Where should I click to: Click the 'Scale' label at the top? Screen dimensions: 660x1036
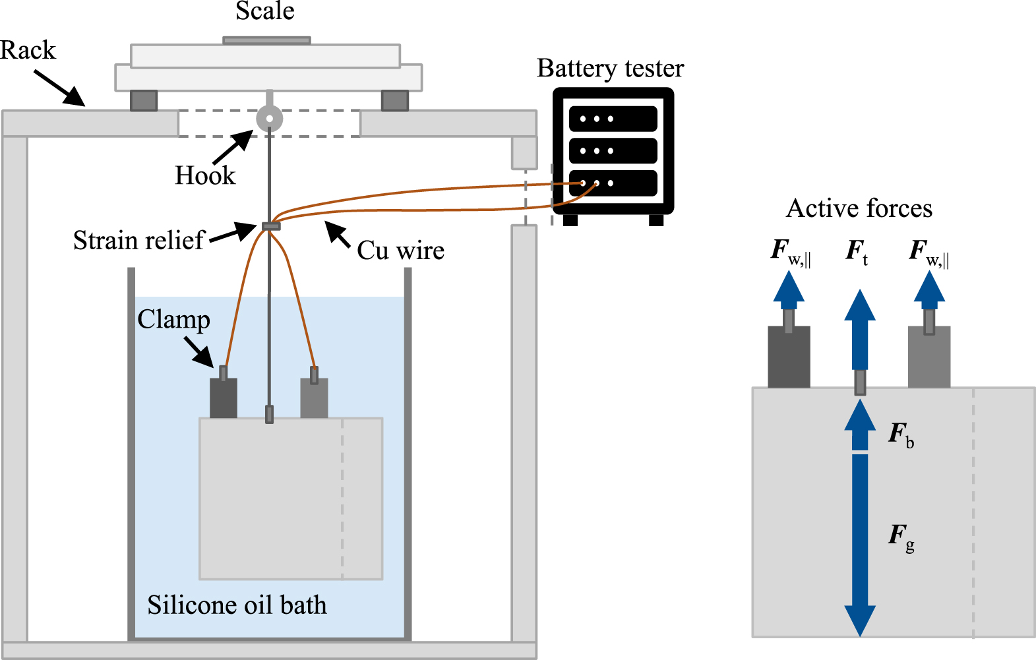tap(265, 11)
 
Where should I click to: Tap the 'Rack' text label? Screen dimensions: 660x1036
tap(28, 50)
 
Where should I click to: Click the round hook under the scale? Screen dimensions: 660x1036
tap(269, 119)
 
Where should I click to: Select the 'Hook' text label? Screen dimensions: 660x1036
tap(204, 175)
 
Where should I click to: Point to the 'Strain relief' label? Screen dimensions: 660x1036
tap(138, 240)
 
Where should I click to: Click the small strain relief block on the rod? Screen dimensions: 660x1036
tap(270, 226)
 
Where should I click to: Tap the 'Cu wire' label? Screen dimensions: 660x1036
tap(400, 251)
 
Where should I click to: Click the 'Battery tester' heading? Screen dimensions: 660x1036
tap(610, 69)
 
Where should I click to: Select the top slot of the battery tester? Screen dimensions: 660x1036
tap(613, 119)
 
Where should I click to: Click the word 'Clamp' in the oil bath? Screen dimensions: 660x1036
tap(173, 319)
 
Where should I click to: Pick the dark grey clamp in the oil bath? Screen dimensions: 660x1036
tap(223, 398)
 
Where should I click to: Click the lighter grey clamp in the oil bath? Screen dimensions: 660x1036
tap(314, 398)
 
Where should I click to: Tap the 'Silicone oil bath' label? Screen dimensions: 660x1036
tap(237, 605)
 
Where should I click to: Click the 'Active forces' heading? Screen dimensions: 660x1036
tap(859, 208)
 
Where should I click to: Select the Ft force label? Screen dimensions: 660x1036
tap(857, 251)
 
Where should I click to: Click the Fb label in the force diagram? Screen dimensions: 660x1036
tap(901, 435)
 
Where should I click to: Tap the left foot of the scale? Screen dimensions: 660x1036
tap(143, 100)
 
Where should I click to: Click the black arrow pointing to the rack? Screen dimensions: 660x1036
tap(60, 88)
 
